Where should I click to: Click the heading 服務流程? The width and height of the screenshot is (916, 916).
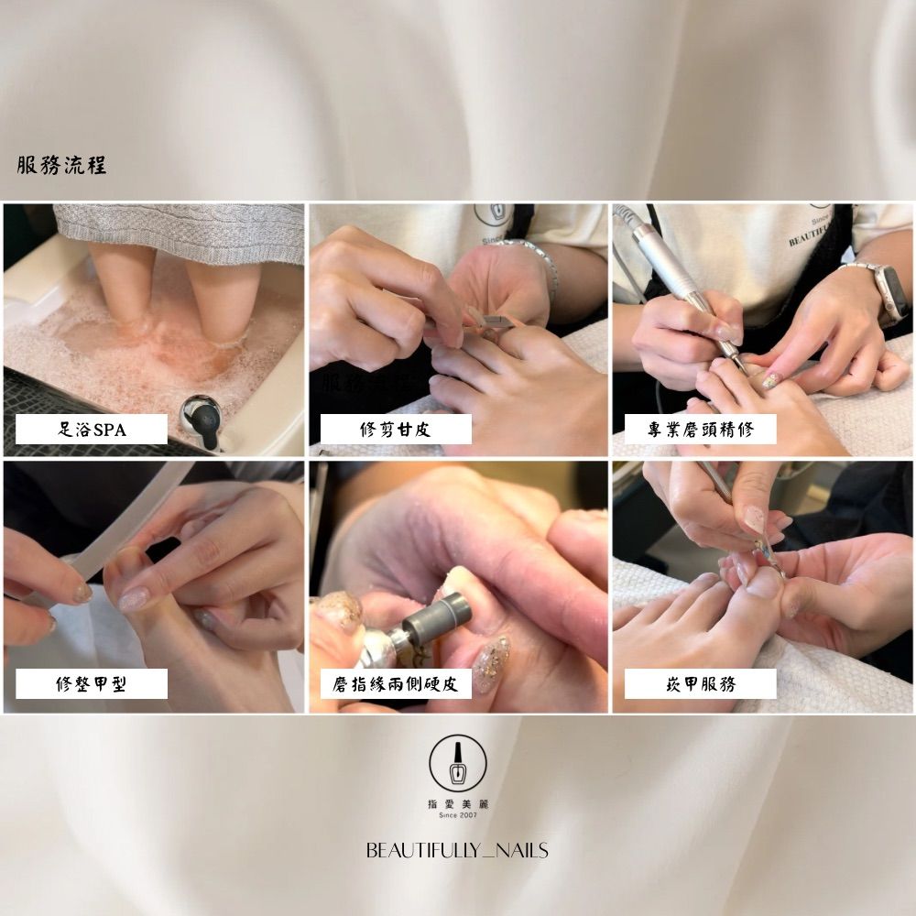[61, 165]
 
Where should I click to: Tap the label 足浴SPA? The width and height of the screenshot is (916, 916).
[92, 430]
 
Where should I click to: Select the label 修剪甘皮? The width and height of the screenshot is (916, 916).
[396, 430]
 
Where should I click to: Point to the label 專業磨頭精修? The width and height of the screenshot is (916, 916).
[701, 430]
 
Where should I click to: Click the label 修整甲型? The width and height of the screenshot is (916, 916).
[92, 683]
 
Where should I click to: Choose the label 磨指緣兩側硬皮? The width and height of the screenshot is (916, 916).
[396, 683]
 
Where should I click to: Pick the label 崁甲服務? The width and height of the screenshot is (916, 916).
[701, 683]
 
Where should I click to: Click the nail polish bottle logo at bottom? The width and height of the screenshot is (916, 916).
[458, 764]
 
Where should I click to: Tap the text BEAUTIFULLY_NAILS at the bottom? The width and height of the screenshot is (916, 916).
[457, 850]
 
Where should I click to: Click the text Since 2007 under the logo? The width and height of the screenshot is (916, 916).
[458, 815]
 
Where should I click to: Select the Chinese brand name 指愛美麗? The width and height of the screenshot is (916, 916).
[458, 804]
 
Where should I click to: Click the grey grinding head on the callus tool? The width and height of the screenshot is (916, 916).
[437, 618]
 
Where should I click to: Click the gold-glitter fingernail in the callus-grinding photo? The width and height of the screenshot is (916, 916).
[491, 665]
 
